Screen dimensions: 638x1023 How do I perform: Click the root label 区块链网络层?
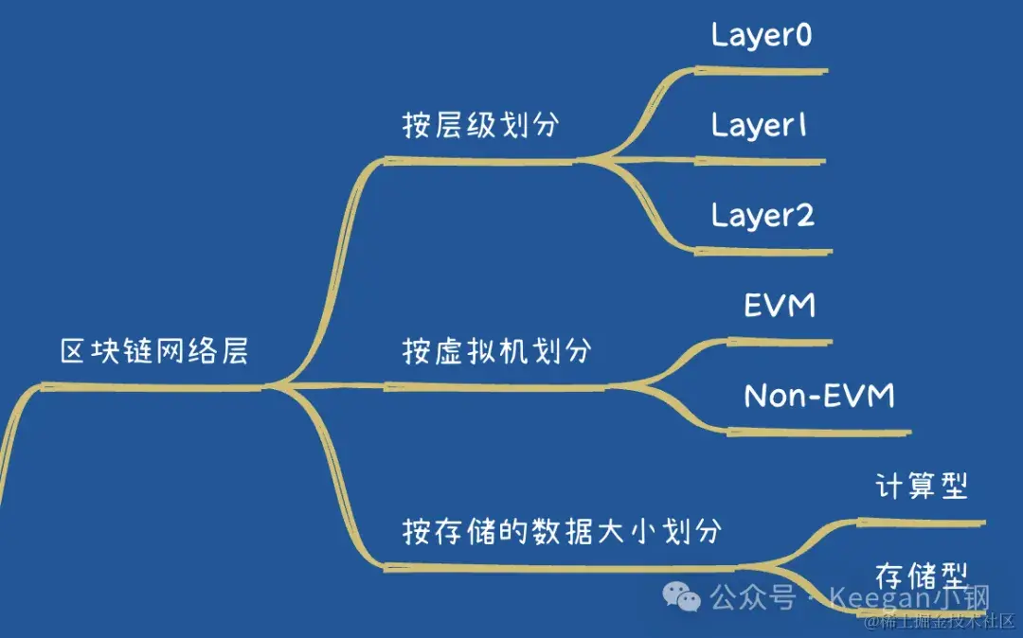[x=154, y=352]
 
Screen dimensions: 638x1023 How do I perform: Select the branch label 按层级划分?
[x=480, y=126]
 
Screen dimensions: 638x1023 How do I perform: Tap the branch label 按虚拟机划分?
[x=497, y=351]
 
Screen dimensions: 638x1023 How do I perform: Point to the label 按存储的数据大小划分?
[x=562, y=531]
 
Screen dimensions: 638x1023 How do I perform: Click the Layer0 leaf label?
[x=763, y=36]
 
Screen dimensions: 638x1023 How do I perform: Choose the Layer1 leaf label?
[x=760, y=126]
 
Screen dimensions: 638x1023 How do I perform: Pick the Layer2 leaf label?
[x=763, y=216]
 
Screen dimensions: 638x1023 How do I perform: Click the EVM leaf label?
[x=780, y=306]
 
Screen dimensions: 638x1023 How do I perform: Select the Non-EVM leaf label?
[x=818, y=396]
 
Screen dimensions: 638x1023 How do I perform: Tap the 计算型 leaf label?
[x=922, y=487]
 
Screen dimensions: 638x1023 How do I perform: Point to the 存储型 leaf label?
[x=922, y=575]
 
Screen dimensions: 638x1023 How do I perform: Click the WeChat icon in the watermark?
[x=681, y=596]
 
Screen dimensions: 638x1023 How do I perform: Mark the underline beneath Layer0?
[x=763, y=70]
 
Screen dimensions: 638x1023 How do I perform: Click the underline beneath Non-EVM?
[x=818, y=433]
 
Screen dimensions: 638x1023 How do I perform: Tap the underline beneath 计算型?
[x=922, y=522]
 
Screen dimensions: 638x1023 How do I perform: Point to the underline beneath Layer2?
[x=763, y=252]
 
